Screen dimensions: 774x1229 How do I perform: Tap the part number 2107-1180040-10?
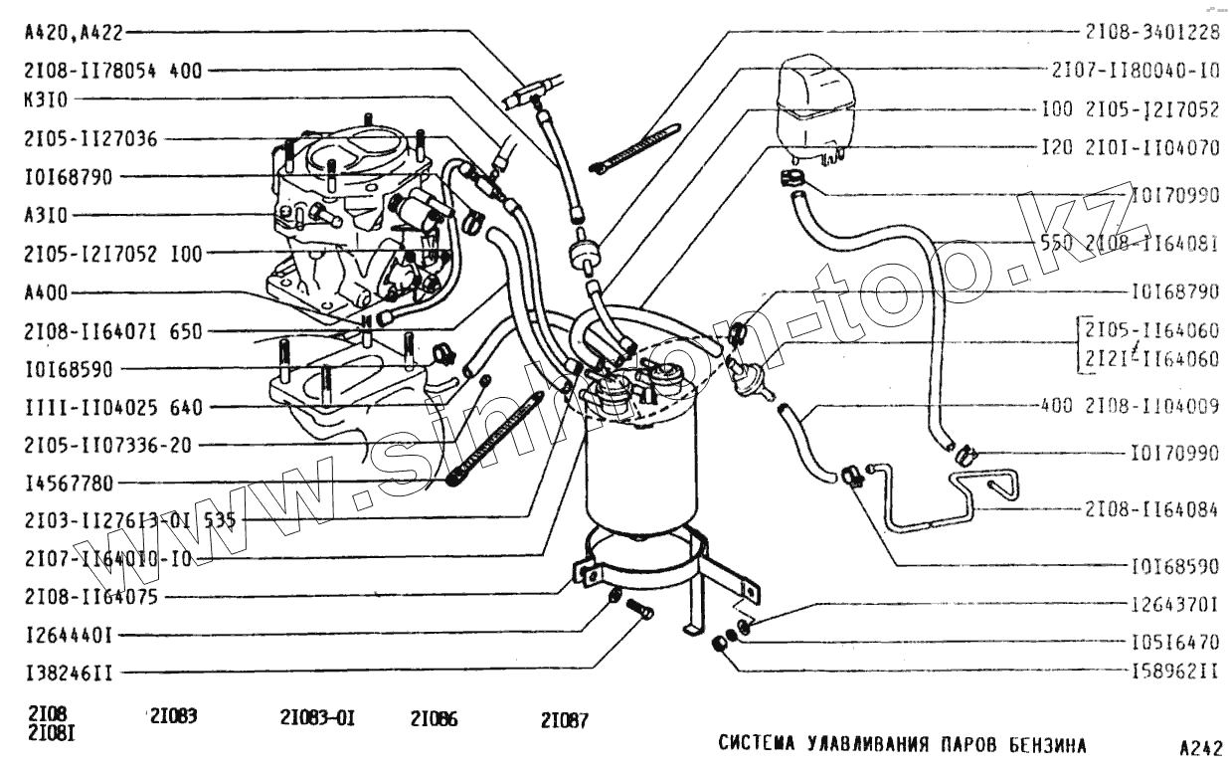coord(1135,71)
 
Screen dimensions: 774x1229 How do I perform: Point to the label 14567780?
coord(69,484)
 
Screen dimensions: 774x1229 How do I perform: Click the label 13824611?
coord(69,674)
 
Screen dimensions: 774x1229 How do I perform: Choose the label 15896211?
coord(1174,673)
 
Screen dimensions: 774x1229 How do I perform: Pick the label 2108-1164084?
coord(1149,508)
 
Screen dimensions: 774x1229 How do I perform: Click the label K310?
coord(48,99)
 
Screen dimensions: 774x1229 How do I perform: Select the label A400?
coord(48,292)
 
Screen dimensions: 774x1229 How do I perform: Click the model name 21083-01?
coord(317,717)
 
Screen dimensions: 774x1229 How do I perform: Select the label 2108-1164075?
coord(91,597)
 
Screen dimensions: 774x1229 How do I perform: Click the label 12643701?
coord(1174,604)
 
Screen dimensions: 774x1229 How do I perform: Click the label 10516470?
coord(1174,642)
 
